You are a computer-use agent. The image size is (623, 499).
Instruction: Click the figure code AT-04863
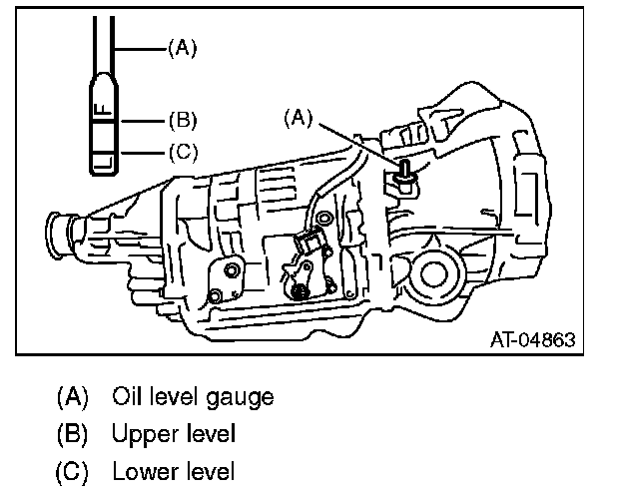(x=532, y=339)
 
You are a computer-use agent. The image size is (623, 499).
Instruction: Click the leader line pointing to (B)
(x=144, y=122)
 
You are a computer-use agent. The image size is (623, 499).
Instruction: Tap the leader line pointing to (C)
(x=144, y=153)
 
